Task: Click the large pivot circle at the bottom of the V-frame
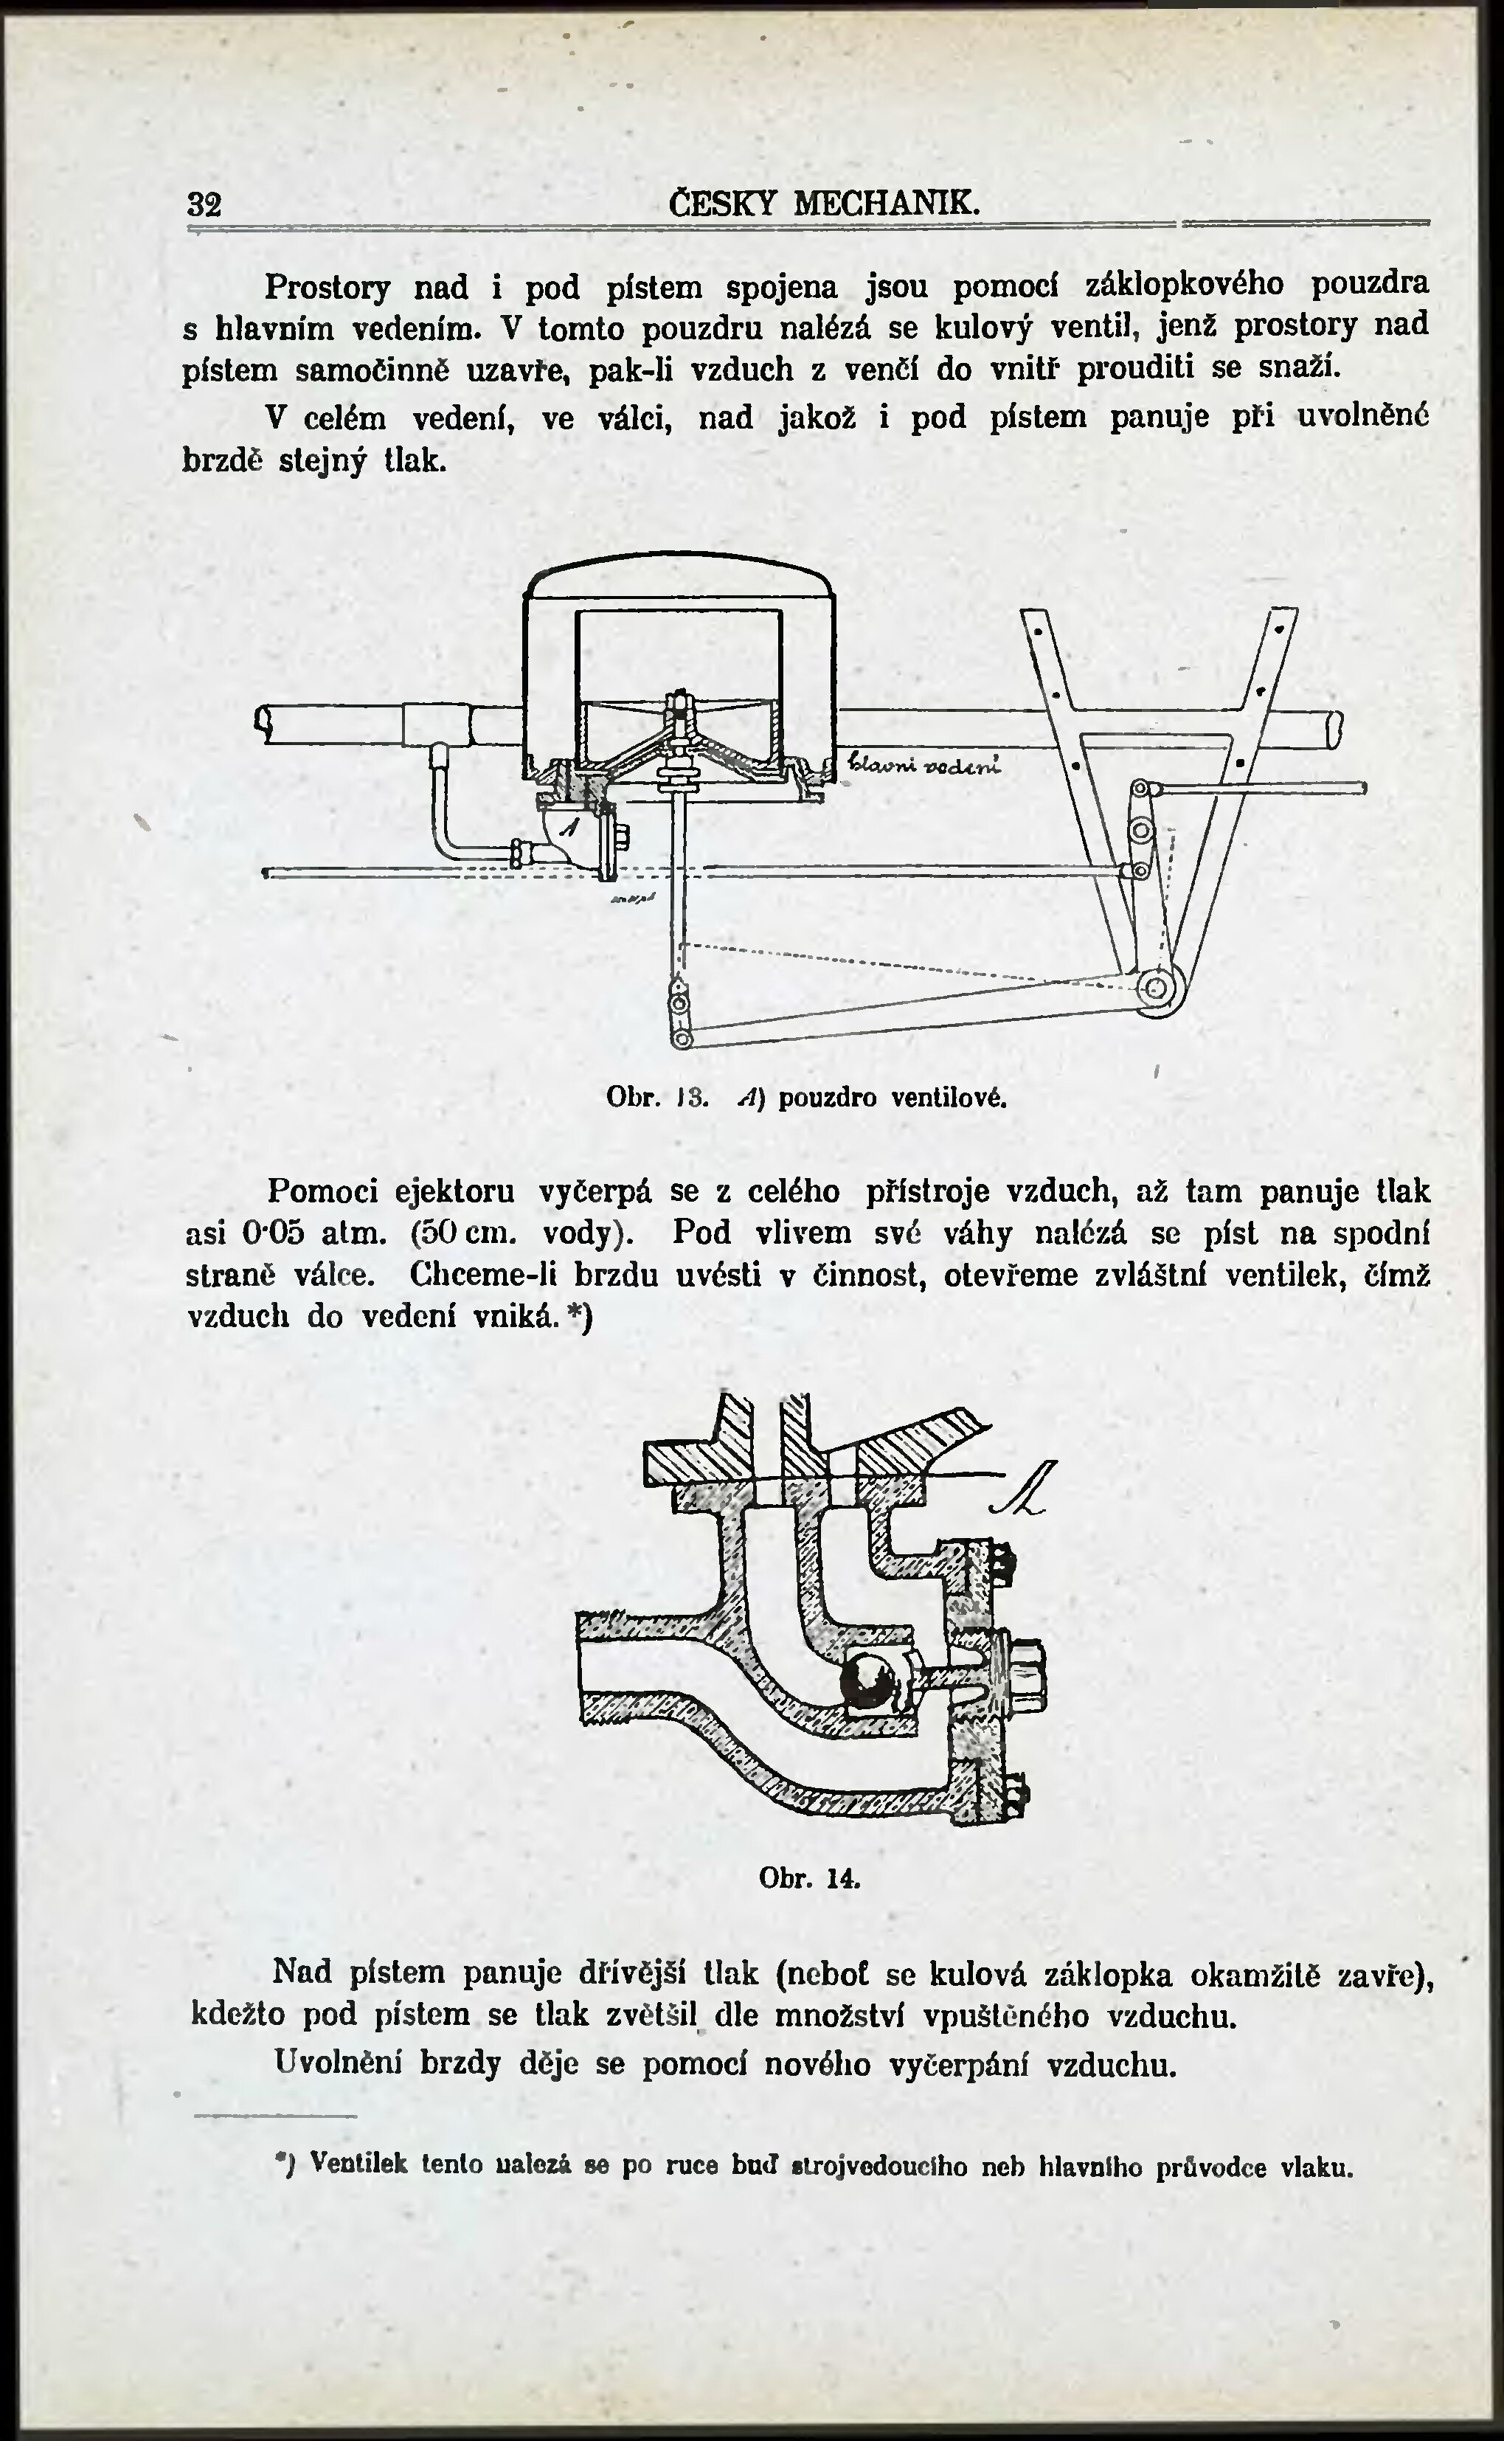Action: click(1157, 988)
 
